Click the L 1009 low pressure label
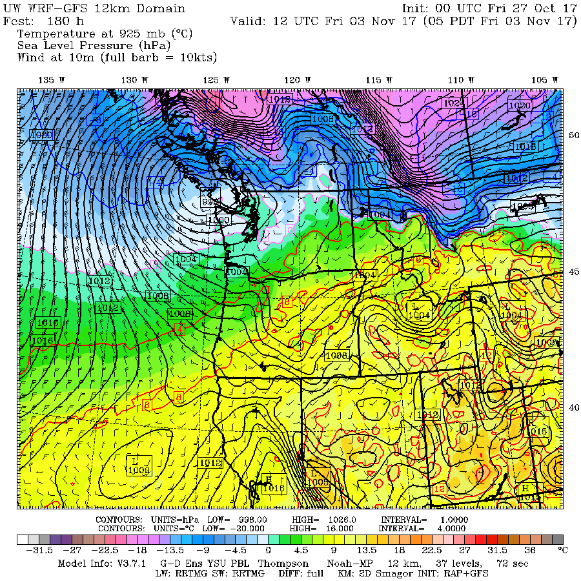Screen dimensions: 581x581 [139, 466]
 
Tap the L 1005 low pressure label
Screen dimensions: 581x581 [318, 477]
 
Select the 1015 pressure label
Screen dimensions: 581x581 [538, 431]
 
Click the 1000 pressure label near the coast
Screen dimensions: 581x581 [219, 220]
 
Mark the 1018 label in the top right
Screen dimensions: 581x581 [525, 147]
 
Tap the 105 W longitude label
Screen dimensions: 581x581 [543, 79]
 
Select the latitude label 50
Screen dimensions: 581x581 [573, 135]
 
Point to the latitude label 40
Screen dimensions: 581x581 [573, 407]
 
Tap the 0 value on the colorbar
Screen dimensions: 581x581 [267, 551]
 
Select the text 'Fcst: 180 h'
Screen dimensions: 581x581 [40, 21]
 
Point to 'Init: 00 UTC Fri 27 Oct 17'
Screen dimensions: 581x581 [489, 8]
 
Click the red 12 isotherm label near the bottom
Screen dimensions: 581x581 [440, 489]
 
